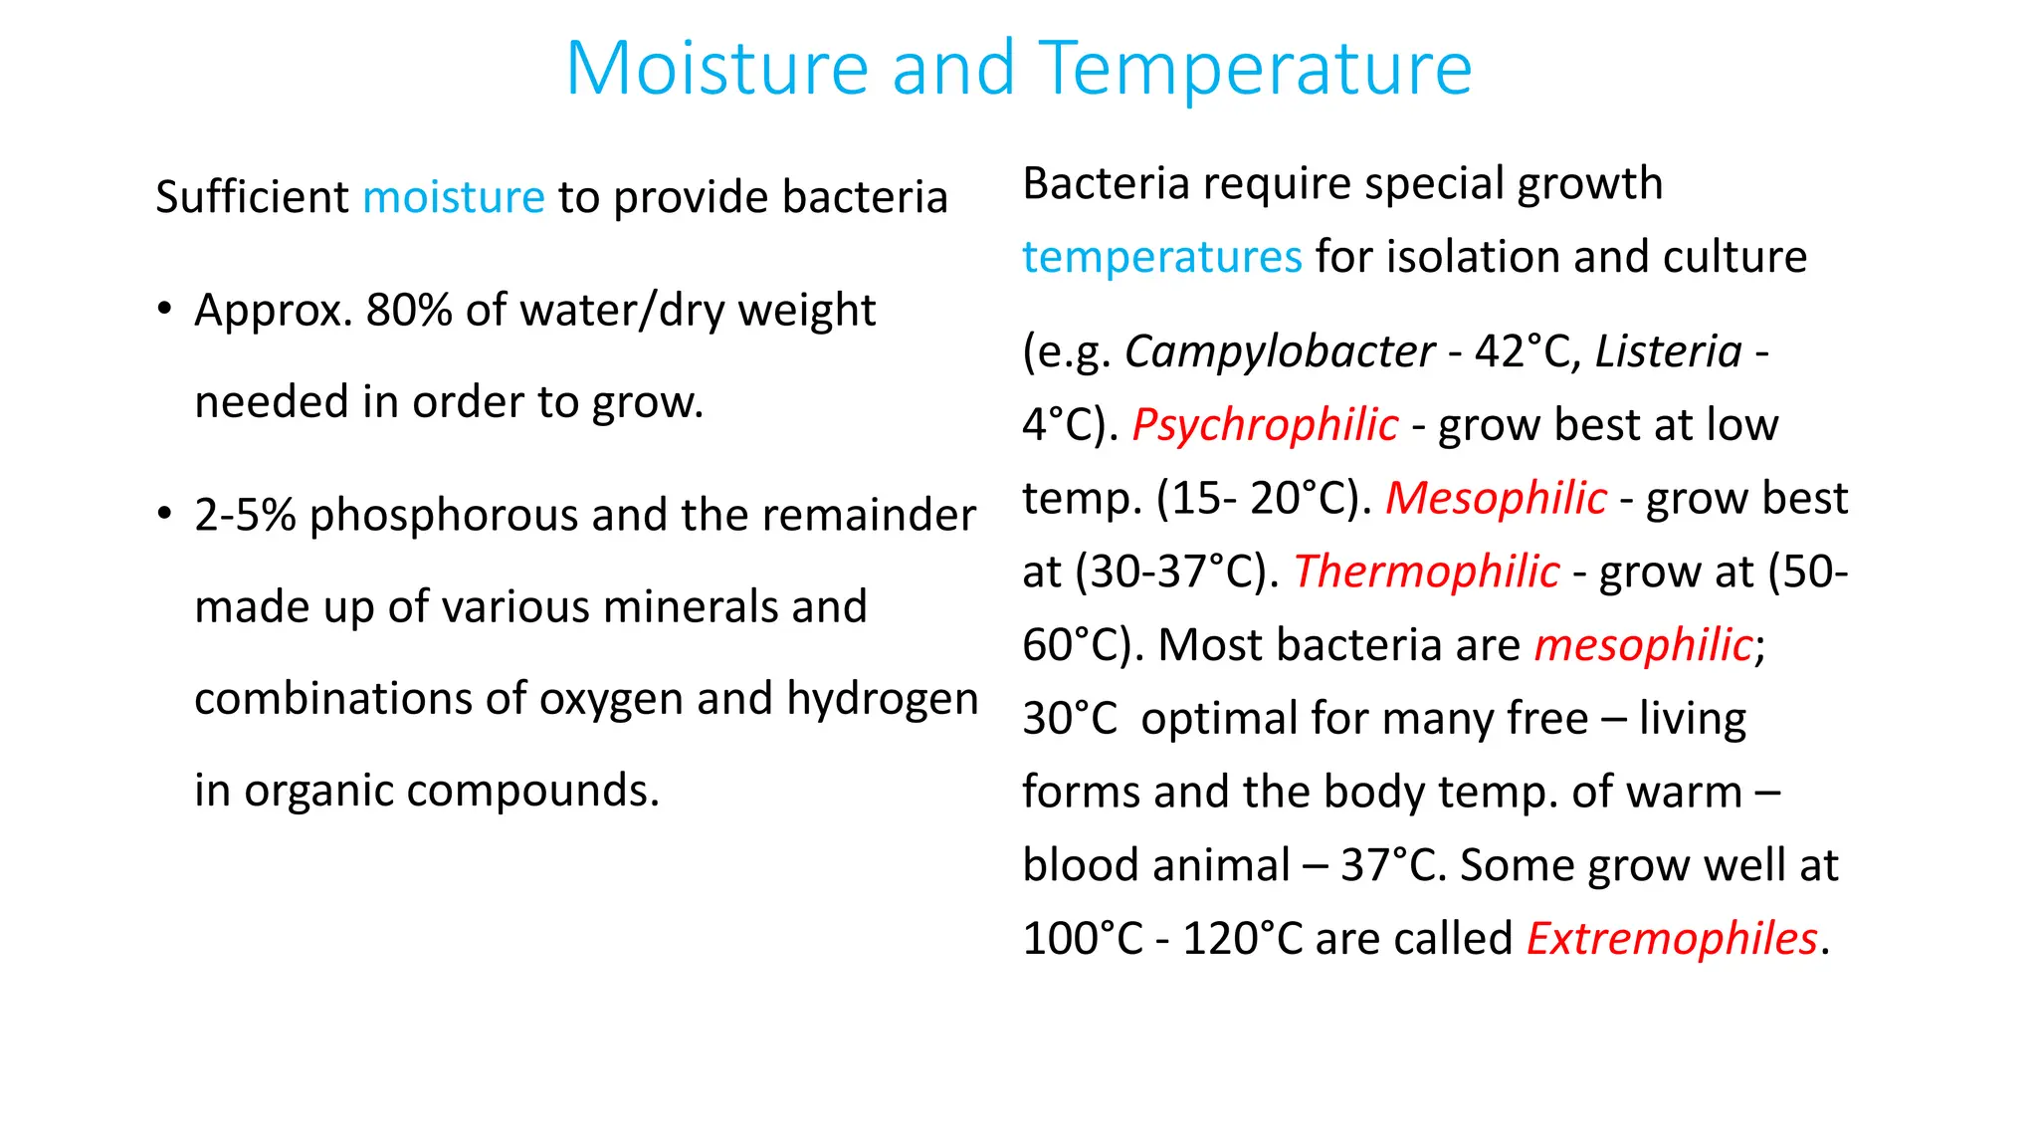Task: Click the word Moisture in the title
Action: [716, 68]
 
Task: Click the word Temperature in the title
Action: [1255, 70]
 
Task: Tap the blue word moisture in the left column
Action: [453, 197]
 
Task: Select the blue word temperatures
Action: [1161, 257]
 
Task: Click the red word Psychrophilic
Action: [1265, 425]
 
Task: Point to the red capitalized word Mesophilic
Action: [1496, 498]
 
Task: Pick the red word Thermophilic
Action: [1426, 572]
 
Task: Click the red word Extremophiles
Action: [1672, 939]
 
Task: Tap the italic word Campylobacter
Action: [1280, 351]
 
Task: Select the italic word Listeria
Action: [1669, 351]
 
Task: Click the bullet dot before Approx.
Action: [164, 309]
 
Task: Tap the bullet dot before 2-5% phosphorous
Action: [164, 514]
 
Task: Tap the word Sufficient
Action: [252, 197]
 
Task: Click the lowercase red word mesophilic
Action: [1642, 645]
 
